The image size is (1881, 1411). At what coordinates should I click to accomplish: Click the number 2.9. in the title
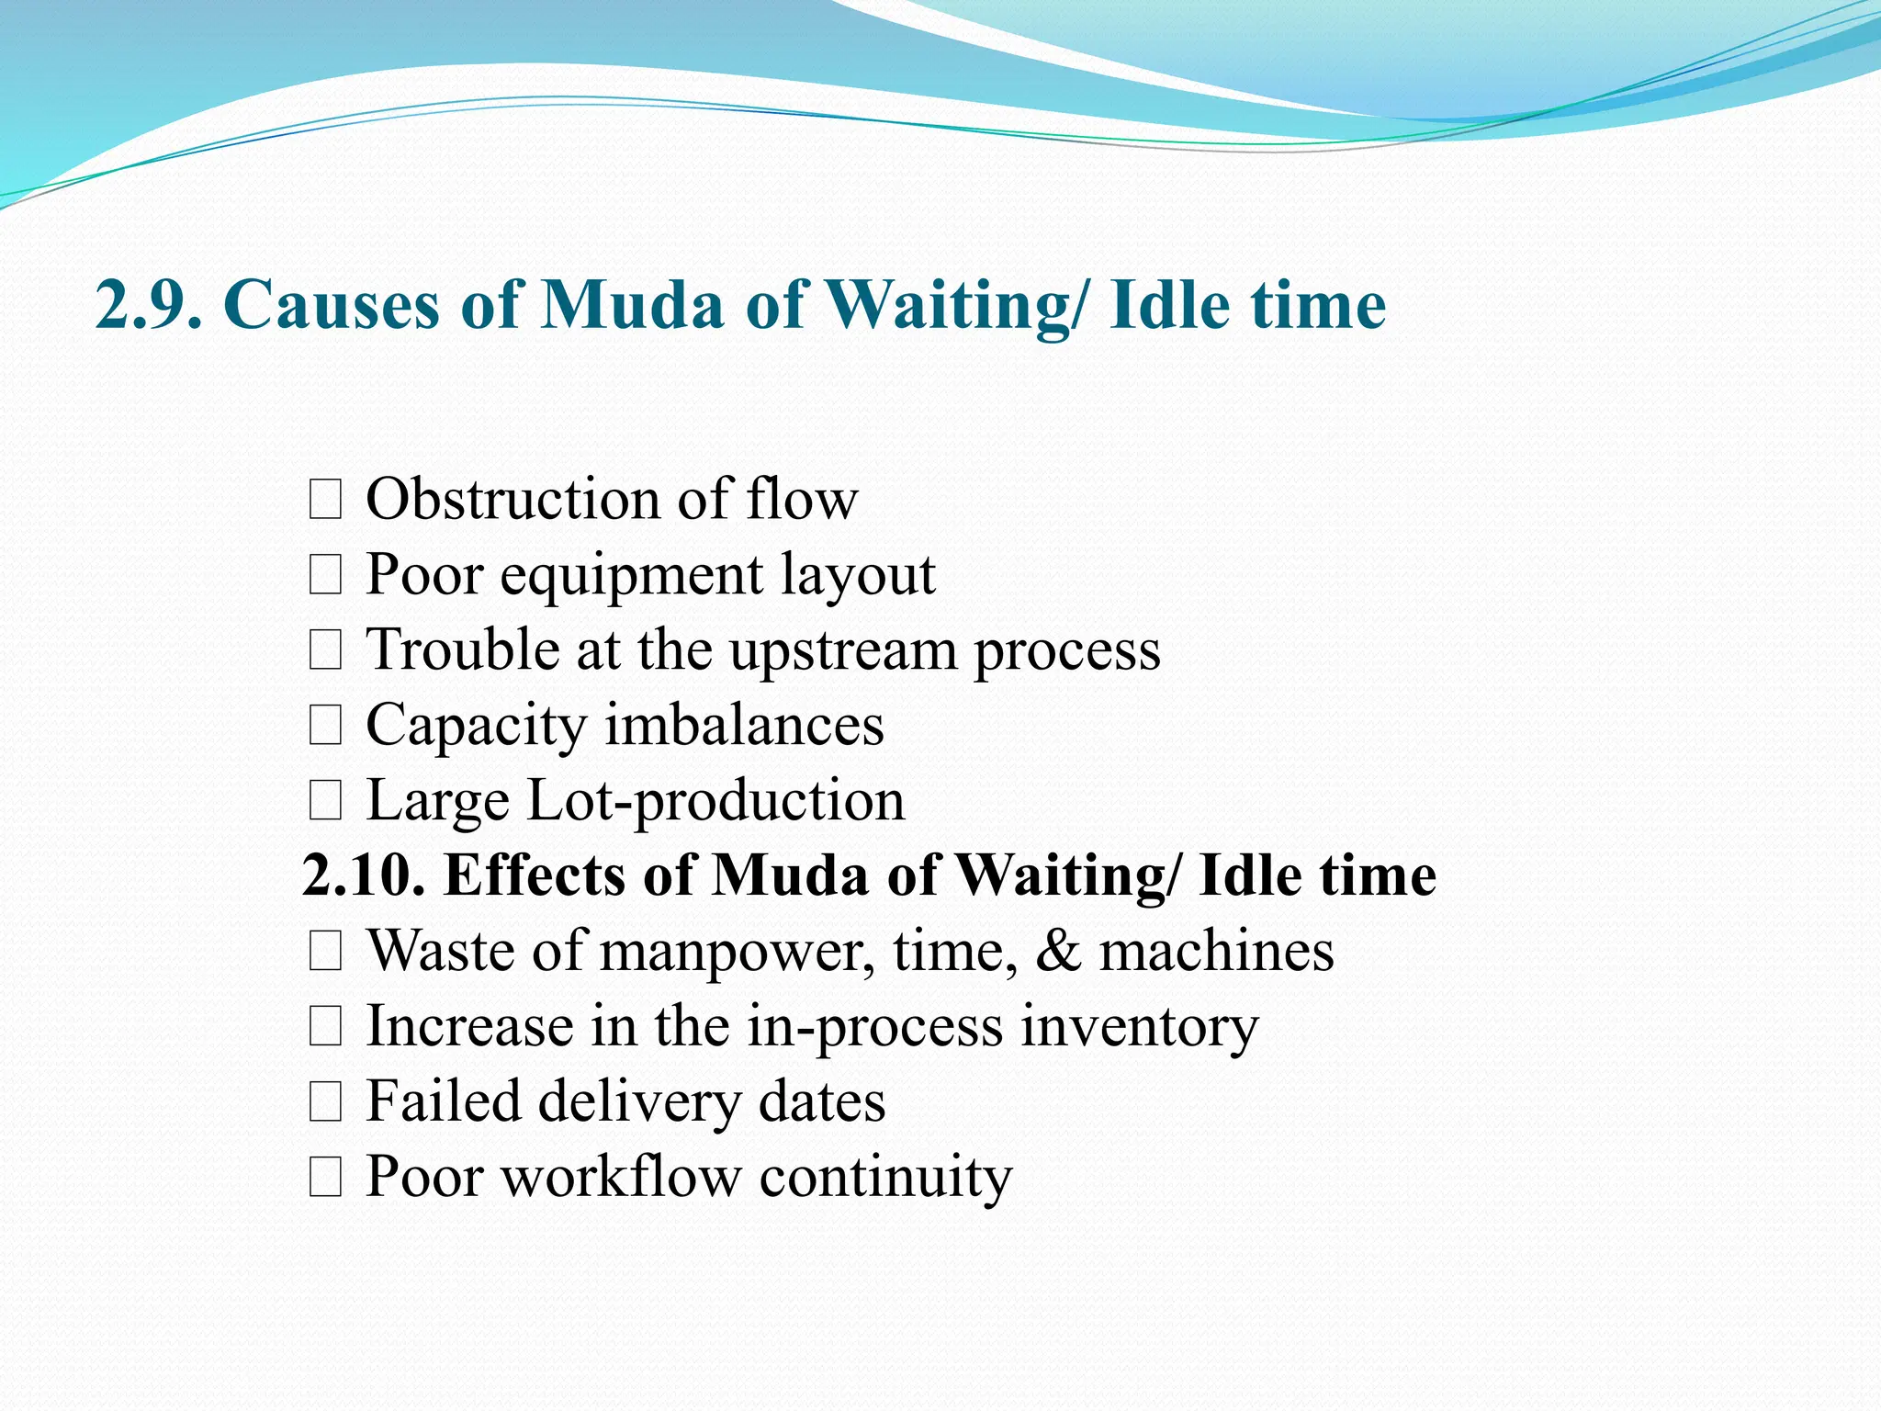point(148,305)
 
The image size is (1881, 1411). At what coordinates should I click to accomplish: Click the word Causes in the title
point(332,305)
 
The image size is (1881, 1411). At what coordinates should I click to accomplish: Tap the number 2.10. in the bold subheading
point(364,875)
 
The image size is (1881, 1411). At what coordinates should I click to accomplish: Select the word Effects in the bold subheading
point(535,875)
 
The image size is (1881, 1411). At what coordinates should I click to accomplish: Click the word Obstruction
point(512,500)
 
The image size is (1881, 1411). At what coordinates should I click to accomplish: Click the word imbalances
point(744,726)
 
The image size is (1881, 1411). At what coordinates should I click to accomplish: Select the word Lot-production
point(715,801)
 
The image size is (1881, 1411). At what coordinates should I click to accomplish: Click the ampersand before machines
point(1058,952)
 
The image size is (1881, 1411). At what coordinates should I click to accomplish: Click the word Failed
point(443,1101)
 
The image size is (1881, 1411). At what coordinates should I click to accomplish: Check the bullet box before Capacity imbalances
point(325,727)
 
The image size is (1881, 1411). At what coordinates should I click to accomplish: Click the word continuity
point(885,1177)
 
